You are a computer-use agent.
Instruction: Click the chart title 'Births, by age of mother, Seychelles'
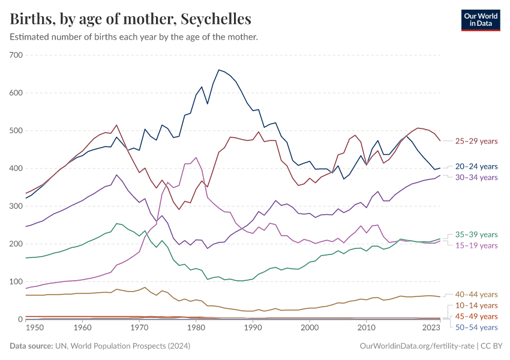tap(130, 19)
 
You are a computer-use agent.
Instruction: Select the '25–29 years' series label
tap(476, 141)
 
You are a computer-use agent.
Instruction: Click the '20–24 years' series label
tap(476, 166)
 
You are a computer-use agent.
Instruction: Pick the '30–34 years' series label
tap(476, 177)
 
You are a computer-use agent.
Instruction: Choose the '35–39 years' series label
tap(476, 235)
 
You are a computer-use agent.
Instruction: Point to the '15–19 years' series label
tap(476, 245)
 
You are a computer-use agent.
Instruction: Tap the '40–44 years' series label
tap(476, 295)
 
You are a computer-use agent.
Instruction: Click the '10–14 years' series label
tap(476, 305)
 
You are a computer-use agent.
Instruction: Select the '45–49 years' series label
tap(476, 316)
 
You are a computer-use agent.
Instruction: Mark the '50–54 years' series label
tap(476, 327)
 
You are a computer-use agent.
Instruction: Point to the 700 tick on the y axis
tap(16, 55)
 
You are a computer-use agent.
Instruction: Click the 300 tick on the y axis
tap(16, 206)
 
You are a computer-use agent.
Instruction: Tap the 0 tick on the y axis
tap(20, 319)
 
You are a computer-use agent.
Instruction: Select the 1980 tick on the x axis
tap(196, 328)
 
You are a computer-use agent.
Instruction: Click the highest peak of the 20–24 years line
tap(218, 70)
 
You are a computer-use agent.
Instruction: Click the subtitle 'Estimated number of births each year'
tap(134, 37)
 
